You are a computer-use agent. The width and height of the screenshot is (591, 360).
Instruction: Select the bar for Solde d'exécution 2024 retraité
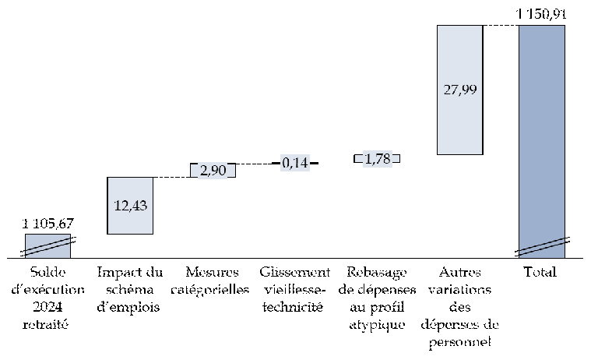click(x=47, y=246)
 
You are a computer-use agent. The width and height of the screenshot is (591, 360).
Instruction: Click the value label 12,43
click(x=130, y=206)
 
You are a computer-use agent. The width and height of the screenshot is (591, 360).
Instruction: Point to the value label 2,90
click(x=213, y=171)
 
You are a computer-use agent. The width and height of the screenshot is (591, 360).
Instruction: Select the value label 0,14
click(x=295, y=163)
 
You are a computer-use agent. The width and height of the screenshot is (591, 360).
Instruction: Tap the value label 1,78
click(x=377, y=159)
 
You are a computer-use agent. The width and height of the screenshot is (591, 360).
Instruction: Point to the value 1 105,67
click(x=47, y=224)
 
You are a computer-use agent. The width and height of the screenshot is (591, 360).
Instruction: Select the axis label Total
click(x=542, y=272)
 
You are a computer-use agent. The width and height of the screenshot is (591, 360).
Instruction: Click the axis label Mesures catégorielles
click(x=213, y=281)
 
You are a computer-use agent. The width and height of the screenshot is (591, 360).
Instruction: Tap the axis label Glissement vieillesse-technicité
click(x=295, y=289)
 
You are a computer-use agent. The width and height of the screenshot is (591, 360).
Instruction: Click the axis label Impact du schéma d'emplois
click(x=130, y=289)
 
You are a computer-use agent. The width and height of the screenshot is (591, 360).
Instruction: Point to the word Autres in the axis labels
click(x=459, y=272)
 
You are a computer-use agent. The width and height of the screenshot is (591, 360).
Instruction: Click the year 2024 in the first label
click(x=47, y=307)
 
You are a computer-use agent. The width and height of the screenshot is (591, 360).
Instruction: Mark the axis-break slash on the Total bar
click(x=542, y=245)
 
